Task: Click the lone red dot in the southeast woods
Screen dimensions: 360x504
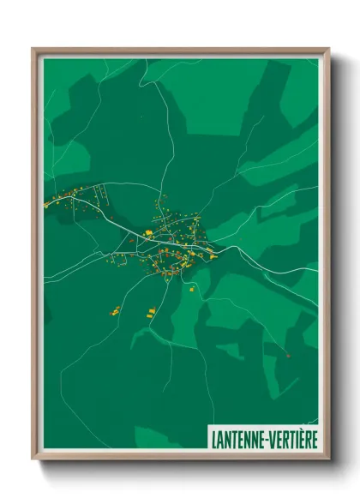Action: pyautogui.click(x=288, y=354)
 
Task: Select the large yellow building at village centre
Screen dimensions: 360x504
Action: pyautogui.click(x=148, y=232)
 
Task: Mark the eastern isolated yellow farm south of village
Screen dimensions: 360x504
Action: pyautogui.click(x=152, y=311)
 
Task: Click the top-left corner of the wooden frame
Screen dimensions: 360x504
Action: pyautogui.click(x=33, y=49)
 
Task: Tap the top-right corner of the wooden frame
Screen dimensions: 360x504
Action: pyautogui.click(x=328, y=49)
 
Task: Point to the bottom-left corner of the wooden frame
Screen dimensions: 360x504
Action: pyautogui.click(x=33, y=459)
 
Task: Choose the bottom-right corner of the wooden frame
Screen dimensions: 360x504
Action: pyautogui.click(x=328, y=459)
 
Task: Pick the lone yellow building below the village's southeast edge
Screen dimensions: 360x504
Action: pyautogui.click(x=191, y=287)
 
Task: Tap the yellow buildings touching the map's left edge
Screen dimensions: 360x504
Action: pyautogui.click(x=47, y=204)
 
